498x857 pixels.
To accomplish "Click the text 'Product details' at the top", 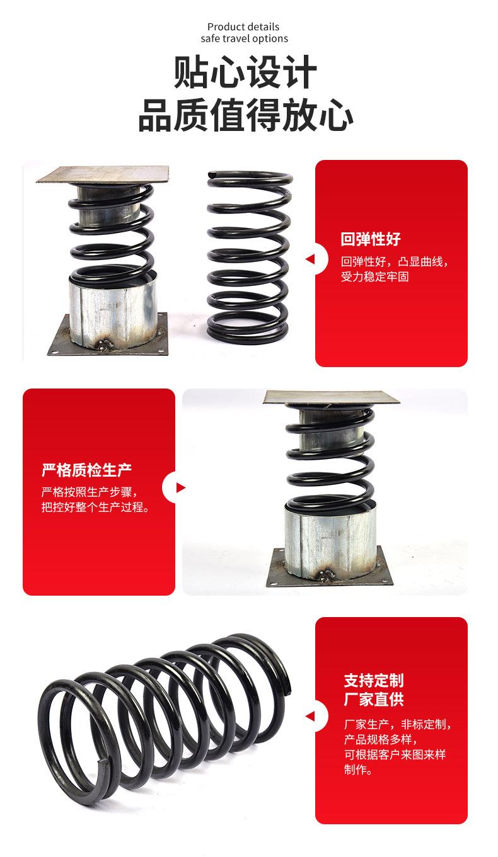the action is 243,27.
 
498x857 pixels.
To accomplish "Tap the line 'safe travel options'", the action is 244,38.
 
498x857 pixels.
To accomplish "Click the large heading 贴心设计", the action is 245,72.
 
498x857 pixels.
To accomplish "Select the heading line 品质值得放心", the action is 245,115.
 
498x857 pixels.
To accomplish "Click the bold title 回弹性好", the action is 371,239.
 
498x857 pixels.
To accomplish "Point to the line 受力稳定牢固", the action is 374,276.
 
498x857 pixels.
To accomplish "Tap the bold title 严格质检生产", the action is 86,470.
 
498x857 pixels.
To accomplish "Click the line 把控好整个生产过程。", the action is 95,507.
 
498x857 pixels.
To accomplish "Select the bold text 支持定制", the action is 373,680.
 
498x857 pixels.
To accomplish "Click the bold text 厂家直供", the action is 373,699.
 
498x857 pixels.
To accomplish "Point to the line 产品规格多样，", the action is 381,739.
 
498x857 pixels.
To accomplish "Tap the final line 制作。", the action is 358,769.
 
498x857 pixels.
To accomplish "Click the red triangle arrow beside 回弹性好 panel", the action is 310,259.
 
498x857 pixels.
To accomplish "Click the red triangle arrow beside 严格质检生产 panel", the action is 181,487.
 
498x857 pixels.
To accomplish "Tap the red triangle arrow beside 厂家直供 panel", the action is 310,716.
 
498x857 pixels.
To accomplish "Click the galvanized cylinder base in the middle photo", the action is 330,540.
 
